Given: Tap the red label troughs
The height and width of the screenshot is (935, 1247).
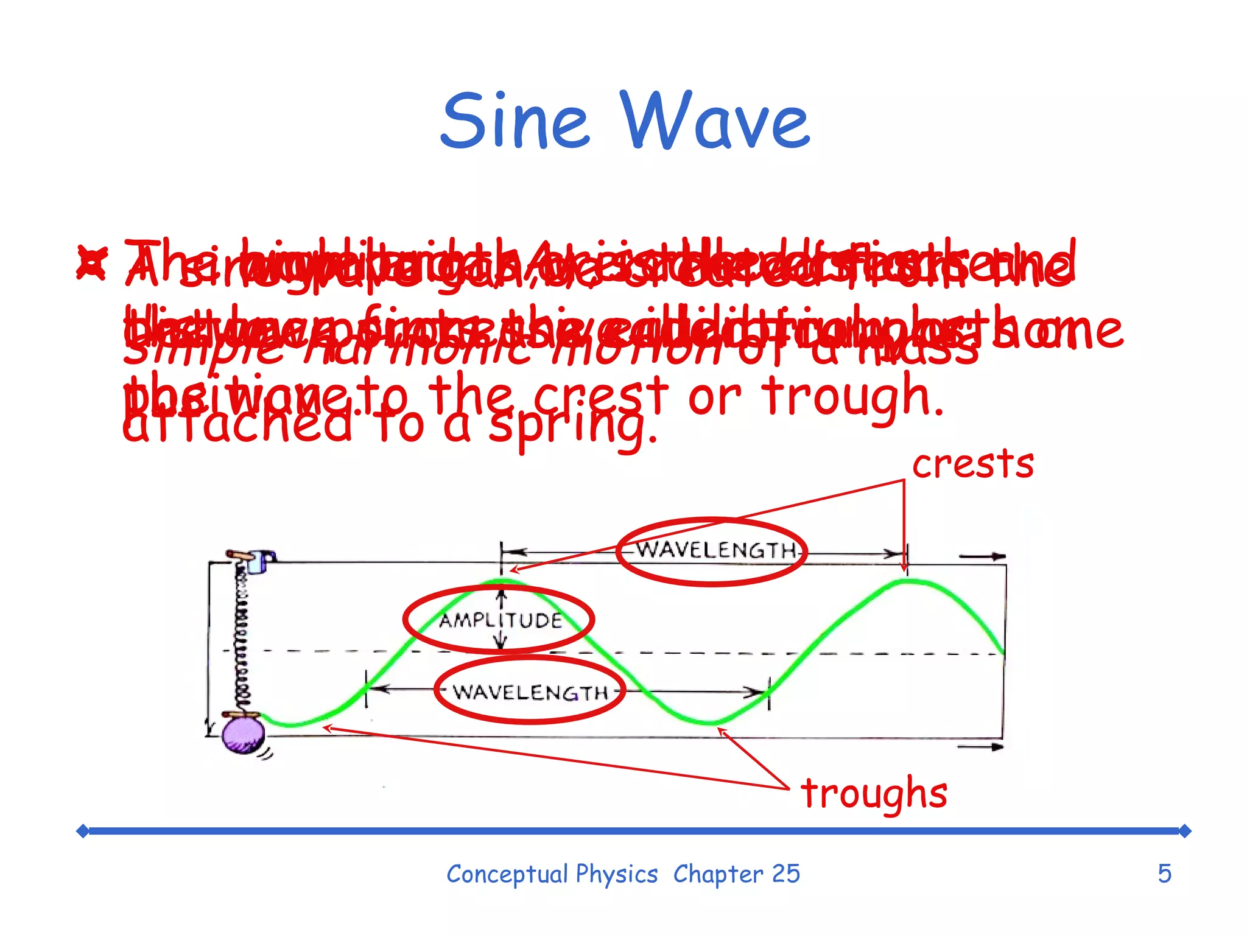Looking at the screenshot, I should pos(874,794).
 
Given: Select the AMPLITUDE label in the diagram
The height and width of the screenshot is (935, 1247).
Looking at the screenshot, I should pos(501,620).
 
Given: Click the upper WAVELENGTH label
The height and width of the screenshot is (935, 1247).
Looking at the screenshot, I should pos(716,551).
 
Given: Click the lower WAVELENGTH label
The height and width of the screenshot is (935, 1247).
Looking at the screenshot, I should pos(530,692).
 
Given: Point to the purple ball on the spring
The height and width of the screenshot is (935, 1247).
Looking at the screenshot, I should pos(243,735).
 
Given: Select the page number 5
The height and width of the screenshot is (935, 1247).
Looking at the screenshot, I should pos(1164,874).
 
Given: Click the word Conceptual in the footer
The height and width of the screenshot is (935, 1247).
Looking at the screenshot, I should pos(507,874).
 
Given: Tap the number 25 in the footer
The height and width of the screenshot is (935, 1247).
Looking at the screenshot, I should pos(785,874).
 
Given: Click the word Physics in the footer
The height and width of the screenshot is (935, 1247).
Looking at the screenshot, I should pos(616,874).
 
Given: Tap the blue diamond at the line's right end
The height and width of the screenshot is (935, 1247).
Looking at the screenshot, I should pos(1184,831).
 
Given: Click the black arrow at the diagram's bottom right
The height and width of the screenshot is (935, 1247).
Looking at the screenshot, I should pos(980,747).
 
